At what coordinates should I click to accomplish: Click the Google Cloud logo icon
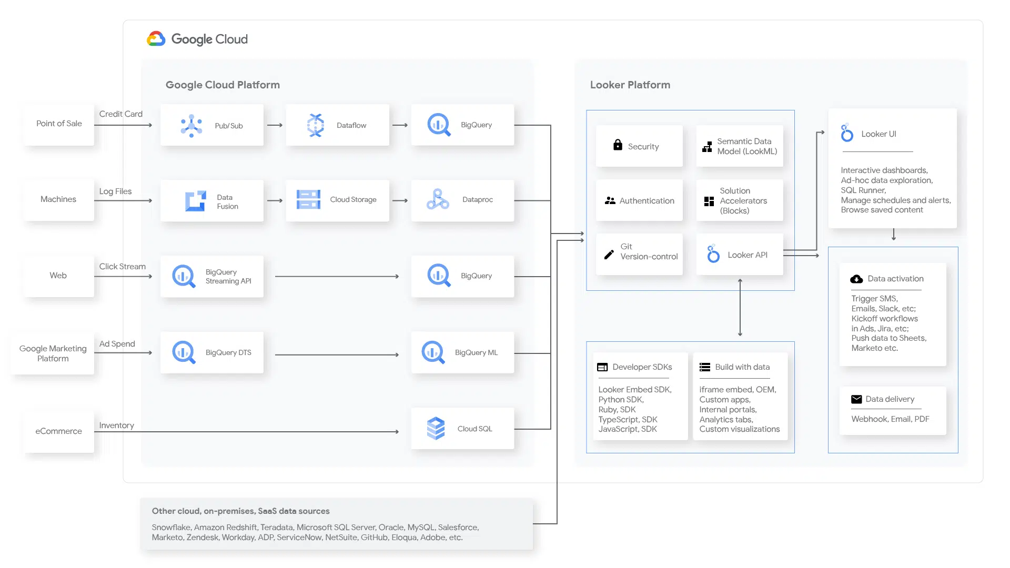pos(156,39)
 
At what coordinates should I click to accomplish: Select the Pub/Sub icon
pos(191,126)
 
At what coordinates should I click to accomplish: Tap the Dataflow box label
pos(351,125)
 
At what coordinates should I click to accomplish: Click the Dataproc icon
pos(438,199)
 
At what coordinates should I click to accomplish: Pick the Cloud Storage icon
pos(308,199)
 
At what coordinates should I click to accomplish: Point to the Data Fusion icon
pos(196,201)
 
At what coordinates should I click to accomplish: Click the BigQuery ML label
pos(476,352)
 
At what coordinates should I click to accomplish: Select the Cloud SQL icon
pos(436,429)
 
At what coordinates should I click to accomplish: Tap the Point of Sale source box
pos(59,124)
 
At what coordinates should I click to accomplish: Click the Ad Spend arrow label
pos(117,344)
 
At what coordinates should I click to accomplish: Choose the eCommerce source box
pos(59,431)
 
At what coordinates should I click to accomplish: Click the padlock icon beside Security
pos(618,145)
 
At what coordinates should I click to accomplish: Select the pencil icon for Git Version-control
pos(609,255)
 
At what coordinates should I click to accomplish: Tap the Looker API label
pos(748,255)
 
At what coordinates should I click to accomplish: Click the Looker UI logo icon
pos(847,133)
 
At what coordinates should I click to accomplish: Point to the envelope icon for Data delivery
pos(856,399)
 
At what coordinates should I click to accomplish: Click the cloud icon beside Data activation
pos(856,279)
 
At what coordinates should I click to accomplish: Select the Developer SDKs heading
pos(642,367)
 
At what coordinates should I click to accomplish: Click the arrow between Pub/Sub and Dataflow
pos(275,125)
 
